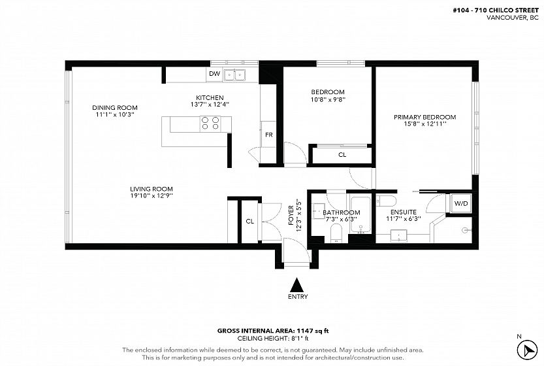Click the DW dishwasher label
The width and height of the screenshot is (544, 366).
(x=215, y=74)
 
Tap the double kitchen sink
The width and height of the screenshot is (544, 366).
(x=234, y=75)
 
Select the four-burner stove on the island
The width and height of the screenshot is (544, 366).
(x=210, y=124)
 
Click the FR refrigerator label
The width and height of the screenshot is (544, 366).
(x=269, y=135)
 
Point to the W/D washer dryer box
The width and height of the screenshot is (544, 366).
(x=461, y=203)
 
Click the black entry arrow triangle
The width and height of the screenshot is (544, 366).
(x=296, y=285)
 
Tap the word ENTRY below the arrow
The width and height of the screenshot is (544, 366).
(x=298, y=297)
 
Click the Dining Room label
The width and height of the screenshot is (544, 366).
(x=115, y=108)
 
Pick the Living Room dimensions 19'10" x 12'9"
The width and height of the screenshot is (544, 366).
(x=152, y=196)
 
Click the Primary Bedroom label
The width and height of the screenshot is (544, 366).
(x=424, y=117)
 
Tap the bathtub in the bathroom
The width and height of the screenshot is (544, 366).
(x=360, y=214)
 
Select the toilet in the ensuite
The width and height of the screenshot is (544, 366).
(x=386, y=201)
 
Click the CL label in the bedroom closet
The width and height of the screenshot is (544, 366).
(x=342, y=155)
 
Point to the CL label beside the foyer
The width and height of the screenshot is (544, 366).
(x=249, y=221)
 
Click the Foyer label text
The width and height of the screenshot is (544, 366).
(x=291, y=215)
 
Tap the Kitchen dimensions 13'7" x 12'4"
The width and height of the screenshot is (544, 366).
(x=210, y=104)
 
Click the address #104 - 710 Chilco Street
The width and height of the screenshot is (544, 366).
(x=496, y=10)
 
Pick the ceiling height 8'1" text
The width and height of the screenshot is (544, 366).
(x=273, y=338)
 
